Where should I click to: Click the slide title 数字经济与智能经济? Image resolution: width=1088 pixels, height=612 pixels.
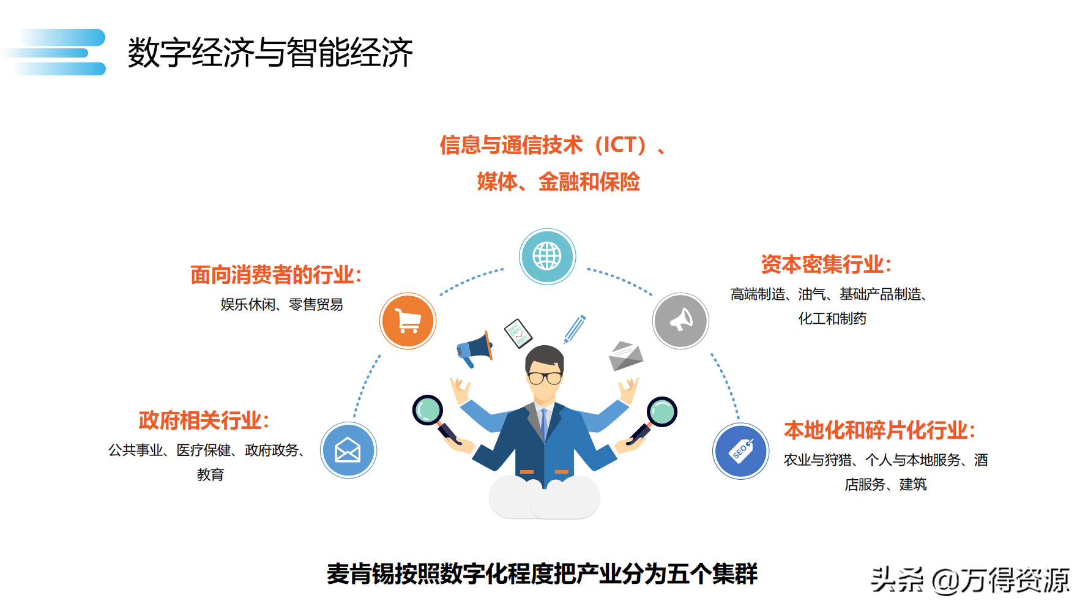click(270, 52)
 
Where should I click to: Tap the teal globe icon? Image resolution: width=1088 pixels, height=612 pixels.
click(547, 256)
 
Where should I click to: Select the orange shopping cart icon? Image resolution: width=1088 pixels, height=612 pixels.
click(408, 321)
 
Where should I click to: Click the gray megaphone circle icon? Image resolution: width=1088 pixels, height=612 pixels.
click(680, 321)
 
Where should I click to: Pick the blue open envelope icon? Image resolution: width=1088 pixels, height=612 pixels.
click(348, 450)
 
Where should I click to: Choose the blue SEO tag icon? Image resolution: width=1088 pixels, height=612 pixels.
click(741, 451)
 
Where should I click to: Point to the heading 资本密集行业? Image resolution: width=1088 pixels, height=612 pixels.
click(826, 264)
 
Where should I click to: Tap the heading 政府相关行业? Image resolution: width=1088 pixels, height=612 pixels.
click(204, 420)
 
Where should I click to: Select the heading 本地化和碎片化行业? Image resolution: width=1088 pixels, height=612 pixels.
click(879, 430)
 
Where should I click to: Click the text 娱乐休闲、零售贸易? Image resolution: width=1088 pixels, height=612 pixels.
click(281, 304)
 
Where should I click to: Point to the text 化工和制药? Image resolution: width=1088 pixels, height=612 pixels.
click(832, 318)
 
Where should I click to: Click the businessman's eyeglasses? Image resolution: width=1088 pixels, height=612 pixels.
click(545, 377)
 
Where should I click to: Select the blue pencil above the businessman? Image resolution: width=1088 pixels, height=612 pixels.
click(575, 329)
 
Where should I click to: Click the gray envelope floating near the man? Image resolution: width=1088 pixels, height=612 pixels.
click(626, 356)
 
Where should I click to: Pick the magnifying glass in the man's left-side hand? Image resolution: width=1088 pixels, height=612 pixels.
click(436, 419)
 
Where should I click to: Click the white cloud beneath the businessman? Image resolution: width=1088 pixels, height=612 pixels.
click(545, 496)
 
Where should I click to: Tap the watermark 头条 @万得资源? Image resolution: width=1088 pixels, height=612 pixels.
click(971, 580)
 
